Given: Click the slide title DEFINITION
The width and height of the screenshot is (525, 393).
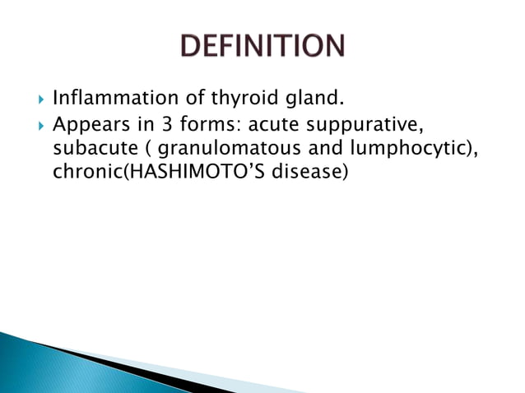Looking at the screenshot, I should coord(262,46).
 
